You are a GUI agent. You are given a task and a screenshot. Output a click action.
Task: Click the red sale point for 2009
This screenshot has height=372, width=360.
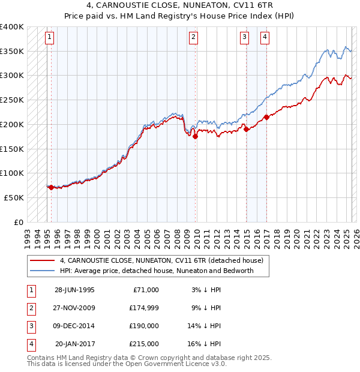[196, 137]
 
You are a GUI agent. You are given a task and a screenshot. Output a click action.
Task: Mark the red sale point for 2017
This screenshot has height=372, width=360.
[266, 117]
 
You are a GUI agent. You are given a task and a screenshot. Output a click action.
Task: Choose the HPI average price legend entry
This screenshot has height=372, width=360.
[157, 271]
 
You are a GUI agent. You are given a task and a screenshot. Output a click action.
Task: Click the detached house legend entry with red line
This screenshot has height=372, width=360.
[161, 261]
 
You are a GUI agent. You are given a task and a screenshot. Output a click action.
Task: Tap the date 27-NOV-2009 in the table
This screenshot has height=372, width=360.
[74, 308]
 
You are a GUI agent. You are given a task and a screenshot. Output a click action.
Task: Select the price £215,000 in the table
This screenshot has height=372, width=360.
[144, 344]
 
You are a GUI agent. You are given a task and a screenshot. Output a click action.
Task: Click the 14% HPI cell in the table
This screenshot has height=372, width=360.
[205, 326]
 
